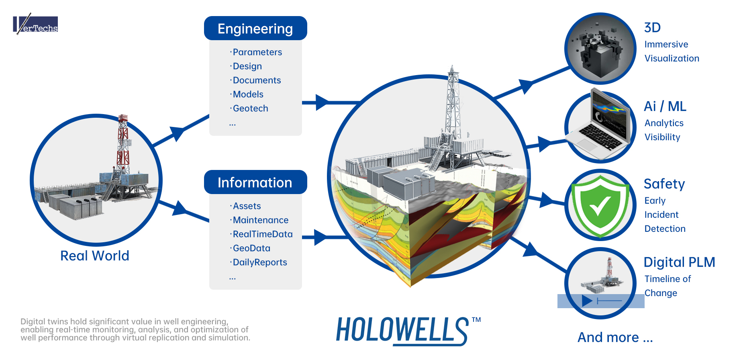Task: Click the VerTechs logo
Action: point(36,25)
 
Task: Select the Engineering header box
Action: point(255,29)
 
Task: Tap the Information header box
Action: point(255,182)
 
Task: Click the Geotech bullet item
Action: point(250,108)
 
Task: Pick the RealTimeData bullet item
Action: point(263,234)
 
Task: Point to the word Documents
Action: point(257,80)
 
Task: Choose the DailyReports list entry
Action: point(260,262)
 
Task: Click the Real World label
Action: point(95,256)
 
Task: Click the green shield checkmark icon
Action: point(600,205)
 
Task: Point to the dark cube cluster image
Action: point(600,50)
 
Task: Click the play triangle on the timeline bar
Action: point(587,301)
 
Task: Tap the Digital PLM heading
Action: point(679,262)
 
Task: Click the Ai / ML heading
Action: point(665,106)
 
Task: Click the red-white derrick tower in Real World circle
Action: point(123,145)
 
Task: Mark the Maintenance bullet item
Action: point(261,220)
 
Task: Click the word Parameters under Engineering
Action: point(257,52)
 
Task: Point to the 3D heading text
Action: point(652,28)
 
